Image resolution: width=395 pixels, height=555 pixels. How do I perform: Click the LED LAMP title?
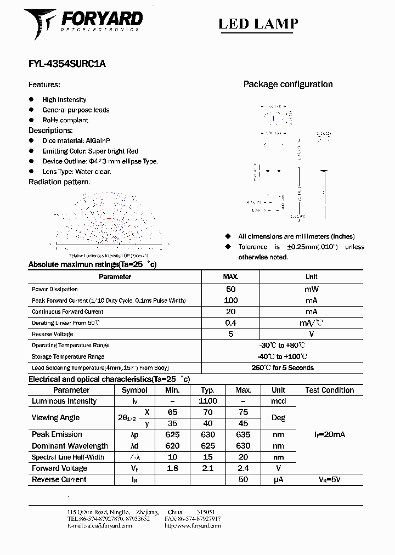coord(258,24)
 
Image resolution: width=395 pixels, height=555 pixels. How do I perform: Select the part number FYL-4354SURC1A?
coord(67,64)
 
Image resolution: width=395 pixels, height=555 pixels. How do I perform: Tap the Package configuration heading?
coord(288,84)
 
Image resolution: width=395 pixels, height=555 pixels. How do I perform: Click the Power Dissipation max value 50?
coord(231,289)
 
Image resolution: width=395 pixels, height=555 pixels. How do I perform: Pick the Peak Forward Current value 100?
coord(231,301)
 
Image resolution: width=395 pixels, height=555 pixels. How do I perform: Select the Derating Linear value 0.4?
coord(231,323)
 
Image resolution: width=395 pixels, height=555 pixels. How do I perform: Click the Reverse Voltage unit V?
coord(311,334)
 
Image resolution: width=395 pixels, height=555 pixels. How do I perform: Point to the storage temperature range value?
coord(282,356)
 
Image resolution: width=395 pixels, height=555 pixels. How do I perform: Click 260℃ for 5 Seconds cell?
coord(282,368)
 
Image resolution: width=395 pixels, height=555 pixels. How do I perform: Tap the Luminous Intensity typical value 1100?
coord(208,401)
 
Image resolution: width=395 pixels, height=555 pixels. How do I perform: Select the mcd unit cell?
coord(278,401)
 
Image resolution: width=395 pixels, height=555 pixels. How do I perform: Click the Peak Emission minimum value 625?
coord(172,434)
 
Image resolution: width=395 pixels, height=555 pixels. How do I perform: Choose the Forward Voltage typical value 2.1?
coord(208,468)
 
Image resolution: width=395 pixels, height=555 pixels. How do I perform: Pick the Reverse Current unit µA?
coord(278,479)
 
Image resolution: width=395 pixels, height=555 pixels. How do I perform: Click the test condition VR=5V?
coord(329,479)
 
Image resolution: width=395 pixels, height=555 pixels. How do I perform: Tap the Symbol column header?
coord(134,390)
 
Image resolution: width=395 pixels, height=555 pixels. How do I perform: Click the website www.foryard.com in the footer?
coord(193,525)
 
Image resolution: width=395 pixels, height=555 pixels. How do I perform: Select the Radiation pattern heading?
coord(59,182)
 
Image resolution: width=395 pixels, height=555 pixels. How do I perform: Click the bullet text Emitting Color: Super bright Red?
coord(91,151)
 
